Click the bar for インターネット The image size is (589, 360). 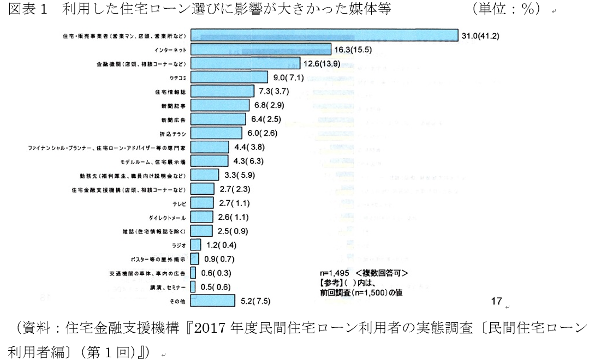[x=261, y=50]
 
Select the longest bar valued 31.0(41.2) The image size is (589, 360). [x=324, y=36]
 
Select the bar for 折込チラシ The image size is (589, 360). [x=217, y=133]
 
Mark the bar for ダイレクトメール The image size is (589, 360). [x=202, y=217]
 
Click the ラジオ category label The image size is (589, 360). [x=180, y=245]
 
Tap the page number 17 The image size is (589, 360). [x=496, y=301]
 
